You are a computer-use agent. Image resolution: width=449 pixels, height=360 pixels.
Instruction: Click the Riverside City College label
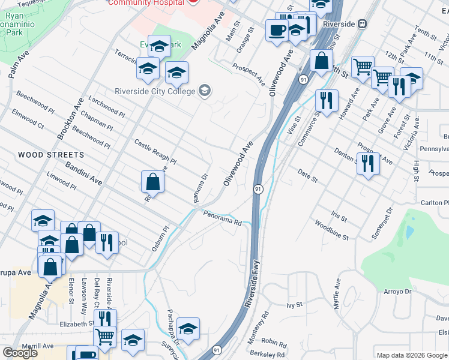point(155,91)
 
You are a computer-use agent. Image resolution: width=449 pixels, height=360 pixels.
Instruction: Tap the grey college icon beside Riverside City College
point(205,91)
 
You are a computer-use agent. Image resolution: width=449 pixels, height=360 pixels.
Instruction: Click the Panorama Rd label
point(221,217)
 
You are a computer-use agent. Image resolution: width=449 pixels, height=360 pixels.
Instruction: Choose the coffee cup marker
point(277,30)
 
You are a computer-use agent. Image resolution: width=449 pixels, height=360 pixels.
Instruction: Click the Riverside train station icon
point(362,24)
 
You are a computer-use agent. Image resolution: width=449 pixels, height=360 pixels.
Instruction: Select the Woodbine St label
point(331,232)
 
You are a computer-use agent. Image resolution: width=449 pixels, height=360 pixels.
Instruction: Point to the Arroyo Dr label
point(397,292)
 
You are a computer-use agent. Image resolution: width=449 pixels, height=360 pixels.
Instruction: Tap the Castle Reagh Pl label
point(155,152)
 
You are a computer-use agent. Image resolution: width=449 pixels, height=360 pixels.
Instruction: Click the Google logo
point(20,353)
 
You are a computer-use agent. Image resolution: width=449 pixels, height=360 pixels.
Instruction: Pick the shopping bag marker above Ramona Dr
point(153,181)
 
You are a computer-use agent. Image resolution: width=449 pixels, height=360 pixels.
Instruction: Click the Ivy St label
point(293,305)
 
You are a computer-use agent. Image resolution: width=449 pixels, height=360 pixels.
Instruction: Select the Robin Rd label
point(274,343)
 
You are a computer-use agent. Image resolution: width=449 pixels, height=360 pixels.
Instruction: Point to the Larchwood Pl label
point(107,108)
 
